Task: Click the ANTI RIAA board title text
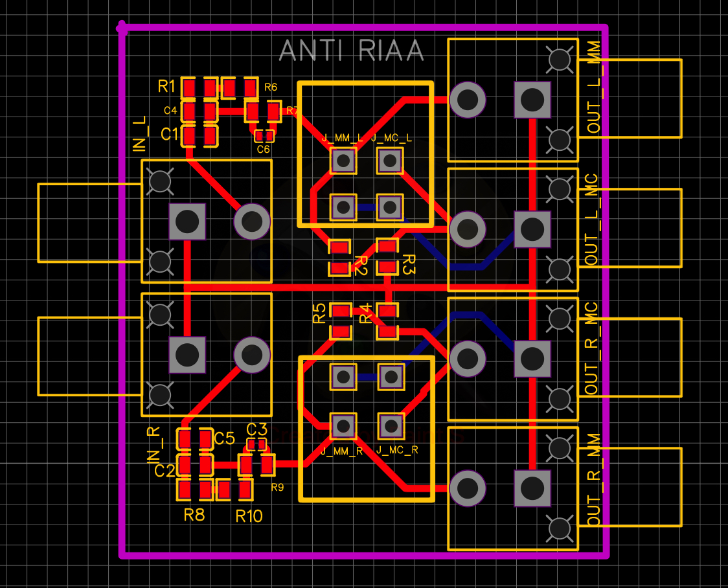coord(351,51)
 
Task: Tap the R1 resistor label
coord(166,85)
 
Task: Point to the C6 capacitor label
coord(263,150)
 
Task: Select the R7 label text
coord(292,111)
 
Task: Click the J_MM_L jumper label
coord(342,138)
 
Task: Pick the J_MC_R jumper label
coord(397,449)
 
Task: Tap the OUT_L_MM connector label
coord(594,87)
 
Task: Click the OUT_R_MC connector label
coord(592,348)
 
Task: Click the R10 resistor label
coord(249,516)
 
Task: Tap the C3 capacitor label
coord(256,429)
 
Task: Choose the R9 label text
coord(277,487)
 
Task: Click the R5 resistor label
coord(319,314)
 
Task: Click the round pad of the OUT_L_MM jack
coord(467,100)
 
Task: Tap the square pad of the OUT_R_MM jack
coord(532,488)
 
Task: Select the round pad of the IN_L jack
coord(251,221)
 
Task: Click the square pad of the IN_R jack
coord(187,354)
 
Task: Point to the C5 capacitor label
coord(224,438)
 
